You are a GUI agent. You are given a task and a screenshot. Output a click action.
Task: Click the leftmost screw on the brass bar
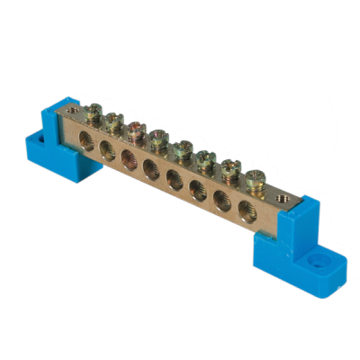pyautogui.click(x=94, y=112)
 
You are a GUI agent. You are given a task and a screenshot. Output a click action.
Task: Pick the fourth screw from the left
pyautogui.click(x=158, y=139)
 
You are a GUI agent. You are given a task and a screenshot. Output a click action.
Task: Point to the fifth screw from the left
pyautogui.click(x=183, y=148)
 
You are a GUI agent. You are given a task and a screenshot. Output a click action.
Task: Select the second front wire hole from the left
pyautogui.click(x=107, y=149)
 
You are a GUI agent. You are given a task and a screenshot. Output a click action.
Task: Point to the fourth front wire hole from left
pyautogui.click(x=150, y=168)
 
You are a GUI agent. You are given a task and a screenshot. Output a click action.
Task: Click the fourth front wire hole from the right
pyautogui.click(x=175, y=179)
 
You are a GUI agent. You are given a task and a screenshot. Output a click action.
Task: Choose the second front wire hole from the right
pyautogui.click(x=221, y=201)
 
